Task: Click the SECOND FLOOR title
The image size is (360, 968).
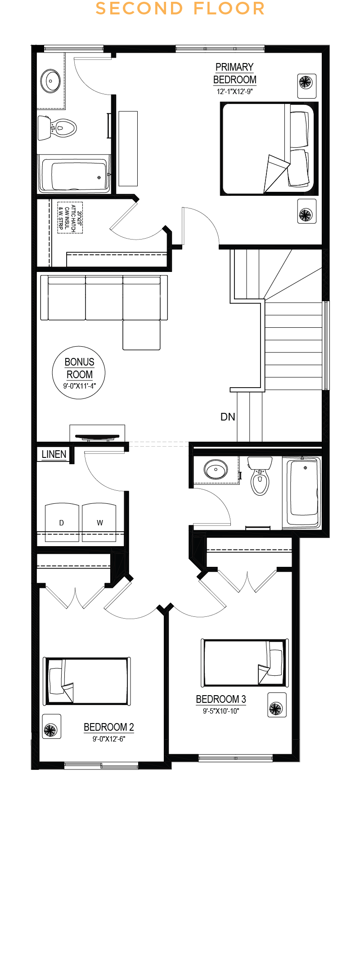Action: pos(180,9)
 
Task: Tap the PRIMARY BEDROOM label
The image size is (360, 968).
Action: pos(234,73)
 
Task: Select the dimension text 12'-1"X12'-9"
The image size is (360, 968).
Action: pos(234,91)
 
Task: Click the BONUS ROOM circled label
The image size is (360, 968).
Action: pos(79,372)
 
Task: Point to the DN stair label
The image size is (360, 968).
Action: pos(228,417)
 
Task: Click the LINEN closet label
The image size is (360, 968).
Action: pos(54,454)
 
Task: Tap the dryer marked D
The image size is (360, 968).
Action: pos(62,522)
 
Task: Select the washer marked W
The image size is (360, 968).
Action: pos(99,522)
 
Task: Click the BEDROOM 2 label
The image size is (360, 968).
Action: pos(109,727)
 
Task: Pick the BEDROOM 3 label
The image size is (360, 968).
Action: pos(221,699)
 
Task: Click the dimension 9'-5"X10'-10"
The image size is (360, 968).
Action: pos(221,711)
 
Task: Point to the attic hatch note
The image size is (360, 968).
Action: pos(70,217)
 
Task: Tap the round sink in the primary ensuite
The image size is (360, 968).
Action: pos(50,81)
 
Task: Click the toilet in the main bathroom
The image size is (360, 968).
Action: pos(260,476)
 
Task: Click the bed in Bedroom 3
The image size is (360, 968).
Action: pos(244,663)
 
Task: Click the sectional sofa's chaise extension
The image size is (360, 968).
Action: pos(141,335)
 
